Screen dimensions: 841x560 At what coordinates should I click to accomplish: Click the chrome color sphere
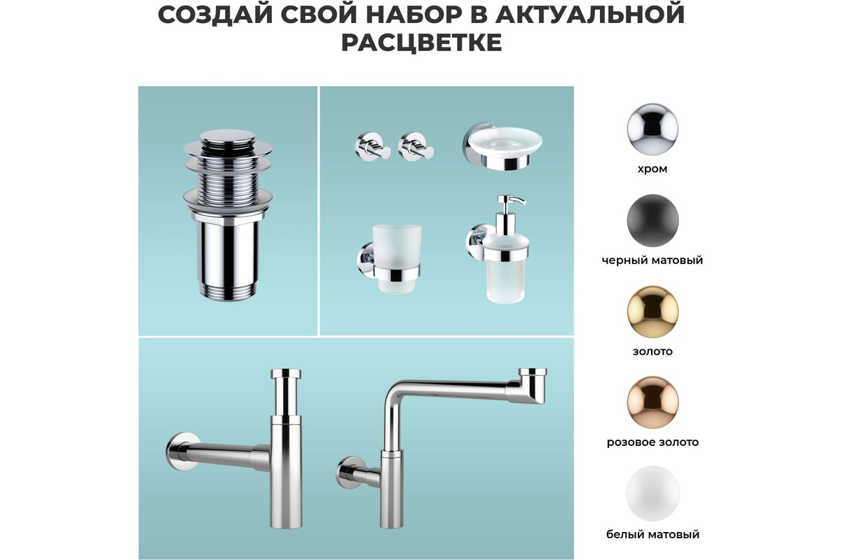coord(652,129)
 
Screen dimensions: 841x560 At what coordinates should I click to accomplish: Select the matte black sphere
coord(652,220)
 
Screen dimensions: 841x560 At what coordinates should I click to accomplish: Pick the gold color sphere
coord(652,311)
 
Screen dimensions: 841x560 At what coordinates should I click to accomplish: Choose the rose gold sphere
coord(652,402)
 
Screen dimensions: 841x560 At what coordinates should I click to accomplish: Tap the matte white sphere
coord(652,493)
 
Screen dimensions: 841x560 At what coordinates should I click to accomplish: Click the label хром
coord(652,169)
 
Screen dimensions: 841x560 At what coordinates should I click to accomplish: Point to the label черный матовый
coord(652,260)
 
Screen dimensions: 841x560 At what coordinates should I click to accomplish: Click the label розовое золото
coord(652,442)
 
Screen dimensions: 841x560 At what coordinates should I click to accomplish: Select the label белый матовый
coord(652,534)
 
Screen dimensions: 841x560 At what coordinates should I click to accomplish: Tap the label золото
coord(652,351)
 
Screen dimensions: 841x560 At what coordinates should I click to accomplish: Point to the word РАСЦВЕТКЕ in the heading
coord(421,43)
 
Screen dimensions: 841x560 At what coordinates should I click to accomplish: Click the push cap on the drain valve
coord(228,136)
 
